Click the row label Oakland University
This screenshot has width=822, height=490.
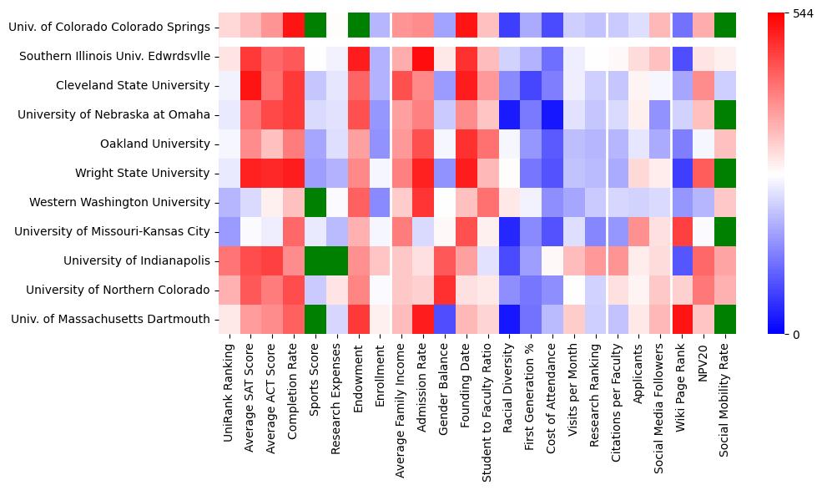tap(154, 144)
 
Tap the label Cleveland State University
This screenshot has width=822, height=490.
tap(133, 85)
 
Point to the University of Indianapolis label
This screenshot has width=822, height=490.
tap(136, 260)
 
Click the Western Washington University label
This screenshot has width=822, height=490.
tap(119, 202)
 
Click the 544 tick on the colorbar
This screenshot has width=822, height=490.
tap(803, 13)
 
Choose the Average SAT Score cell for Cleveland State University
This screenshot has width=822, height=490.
tap(250, 85)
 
